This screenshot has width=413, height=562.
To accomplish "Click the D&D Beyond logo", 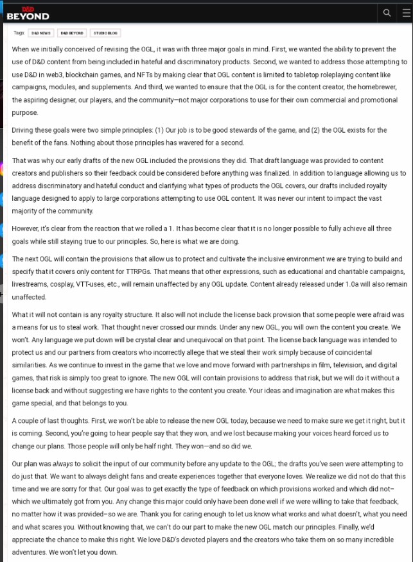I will click(27, 13).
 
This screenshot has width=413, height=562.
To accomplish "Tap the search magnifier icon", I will click(387, 12).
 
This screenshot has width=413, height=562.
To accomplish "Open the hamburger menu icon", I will click(405, 12).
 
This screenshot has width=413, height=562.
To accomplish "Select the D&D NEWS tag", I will click(41, 33).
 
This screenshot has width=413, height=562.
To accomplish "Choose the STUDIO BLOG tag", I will click(106, 33).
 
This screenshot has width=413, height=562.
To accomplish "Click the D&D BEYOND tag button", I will click(72, 33).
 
